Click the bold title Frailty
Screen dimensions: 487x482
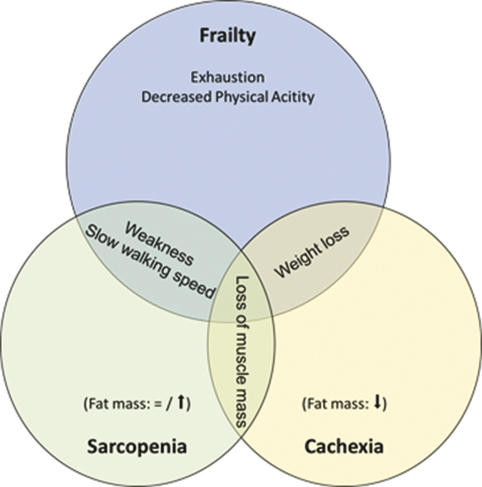click(228, 36)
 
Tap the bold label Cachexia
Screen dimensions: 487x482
click(344, 446)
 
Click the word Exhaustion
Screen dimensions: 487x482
click(228, 77)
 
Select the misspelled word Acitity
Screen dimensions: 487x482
click(291, 97)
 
